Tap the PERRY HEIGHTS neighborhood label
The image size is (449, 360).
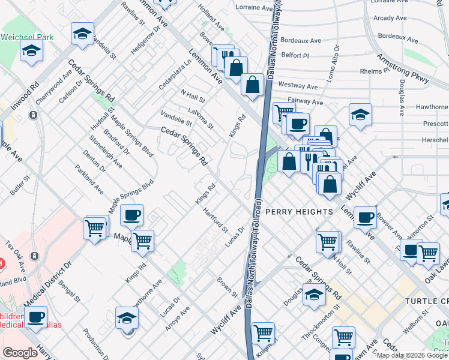point(298,212)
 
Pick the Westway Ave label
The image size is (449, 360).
point(294,86)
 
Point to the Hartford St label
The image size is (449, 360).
point(216,220)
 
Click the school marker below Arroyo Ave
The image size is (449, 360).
point(127,318)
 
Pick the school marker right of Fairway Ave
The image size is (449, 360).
point(360,114)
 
